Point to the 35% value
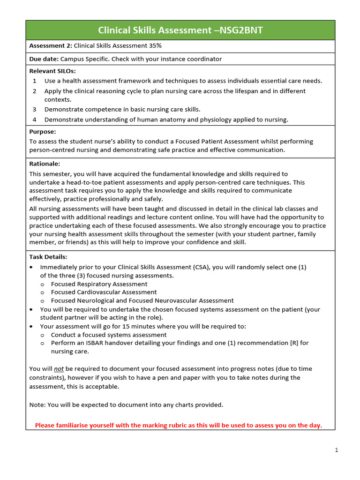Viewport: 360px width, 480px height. (154, 45)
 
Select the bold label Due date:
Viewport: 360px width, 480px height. (44, 59)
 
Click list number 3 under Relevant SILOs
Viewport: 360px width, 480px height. (35, 109)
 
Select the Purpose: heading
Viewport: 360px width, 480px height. (43, 132)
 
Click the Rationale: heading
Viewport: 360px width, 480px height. (45, 164)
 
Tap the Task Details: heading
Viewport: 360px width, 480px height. (48, 257)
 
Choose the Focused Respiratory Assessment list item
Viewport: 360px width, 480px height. (99, 284)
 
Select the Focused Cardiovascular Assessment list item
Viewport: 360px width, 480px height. (104, 292)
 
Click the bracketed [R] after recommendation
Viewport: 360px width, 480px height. (294, 343)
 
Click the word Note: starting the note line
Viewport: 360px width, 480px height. (37, 405)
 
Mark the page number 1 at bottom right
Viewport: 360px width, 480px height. (336, 450)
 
